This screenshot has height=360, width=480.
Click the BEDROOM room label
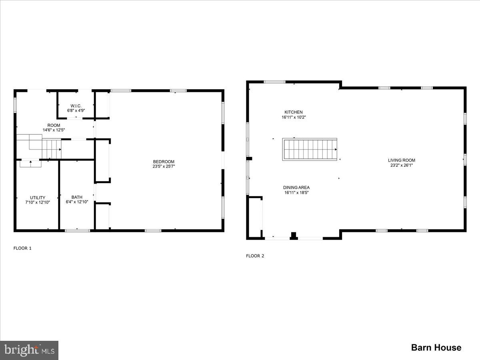pos(164,162)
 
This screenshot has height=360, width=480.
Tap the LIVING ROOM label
pos(403,160)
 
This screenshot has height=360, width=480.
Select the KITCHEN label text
pos(293,112)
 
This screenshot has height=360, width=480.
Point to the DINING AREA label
pos(296,187)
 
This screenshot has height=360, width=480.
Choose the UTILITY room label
pos(38,197)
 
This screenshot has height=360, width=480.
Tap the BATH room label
pos(77,197)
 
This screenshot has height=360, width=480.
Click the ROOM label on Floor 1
pos(54,125)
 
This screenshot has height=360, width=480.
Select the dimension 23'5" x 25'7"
pos(164,166)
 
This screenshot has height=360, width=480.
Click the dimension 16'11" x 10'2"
pos(294,117)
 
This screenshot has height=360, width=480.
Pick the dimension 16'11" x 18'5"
pos(296,192)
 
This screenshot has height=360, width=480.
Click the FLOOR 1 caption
pos(22,248)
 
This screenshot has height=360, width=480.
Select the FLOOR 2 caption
pos(255,256)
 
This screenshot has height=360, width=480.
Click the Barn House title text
pos(436,348)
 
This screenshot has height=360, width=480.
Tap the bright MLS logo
pos(29,350)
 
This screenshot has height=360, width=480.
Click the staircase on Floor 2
pos(310,150)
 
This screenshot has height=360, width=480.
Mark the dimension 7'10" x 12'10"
pos(38,202)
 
